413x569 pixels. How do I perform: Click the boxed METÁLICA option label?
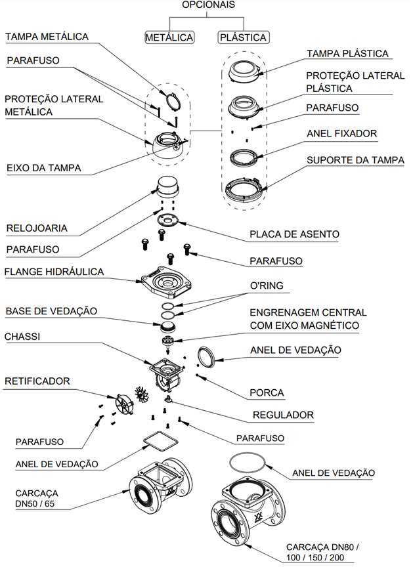click(169, 37)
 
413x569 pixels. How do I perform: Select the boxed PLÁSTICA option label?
click(243, 37)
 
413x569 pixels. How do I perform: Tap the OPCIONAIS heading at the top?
click(208, 5)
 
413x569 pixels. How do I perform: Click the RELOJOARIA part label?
click(37, 228)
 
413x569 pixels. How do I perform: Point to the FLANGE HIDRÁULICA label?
click(54, 272)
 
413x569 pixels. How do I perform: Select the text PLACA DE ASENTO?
click(294, 234)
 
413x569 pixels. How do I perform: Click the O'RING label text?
click(267, 285)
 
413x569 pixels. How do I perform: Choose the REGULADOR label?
click(283, 415)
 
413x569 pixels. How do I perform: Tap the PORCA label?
click(267, 392)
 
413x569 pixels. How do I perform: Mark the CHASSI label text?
click(22, 337)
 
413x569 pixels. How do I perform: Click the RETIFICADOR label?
click(37, 381)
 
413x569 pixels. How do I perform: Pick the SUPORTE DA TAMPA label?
click(355, 160)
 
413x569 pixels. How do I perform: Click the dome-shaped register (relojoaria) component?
click(167, 186)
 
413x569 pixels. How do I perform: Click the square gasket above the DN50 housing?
click(161, 440)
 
